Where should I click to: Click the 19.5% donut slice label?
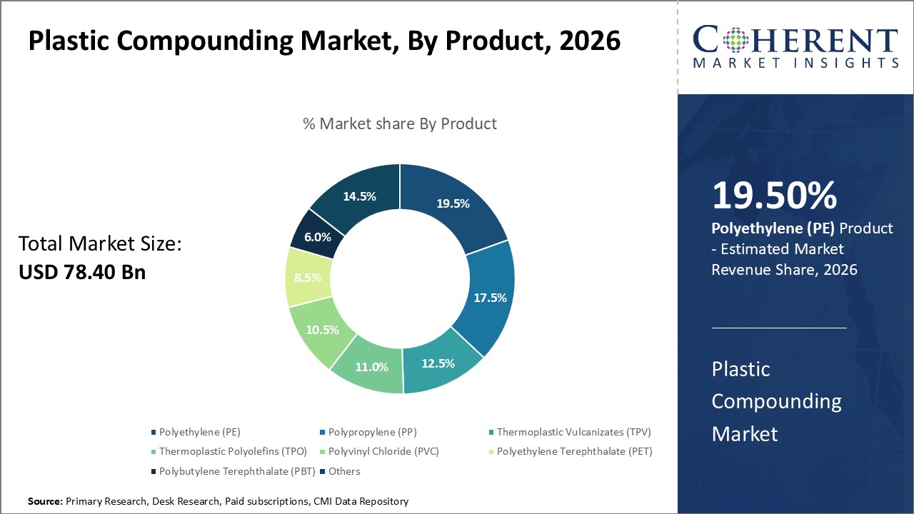pos(453,203)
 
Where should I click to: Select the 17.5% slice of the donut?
pos(489,297)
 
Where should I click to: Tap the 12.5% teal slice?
pos(437,363)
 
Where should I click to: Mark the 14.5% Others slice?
pos(359,196)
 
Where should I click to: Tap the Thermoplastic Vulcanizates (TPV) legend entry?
pos(573,432)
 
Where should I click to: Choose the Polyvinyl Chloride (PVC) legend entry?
pos(383,451)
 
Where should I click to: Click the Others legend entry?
pos(344,471)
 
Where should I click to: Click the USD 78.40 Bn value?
pos(82,271)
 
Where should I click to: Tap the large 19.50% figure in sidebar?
pos(774,196)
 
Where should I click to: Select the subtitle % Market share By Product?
pos(400,124)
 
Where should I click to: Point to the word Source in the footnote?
pos(45,502)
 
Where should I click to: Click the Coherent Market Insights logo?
pos(795,46)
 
